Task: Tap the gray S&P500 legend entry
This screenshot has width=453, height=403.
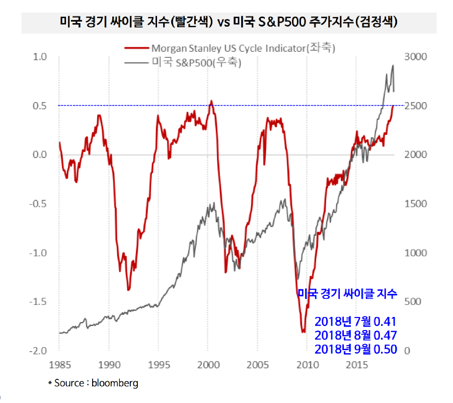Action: coord(197,63)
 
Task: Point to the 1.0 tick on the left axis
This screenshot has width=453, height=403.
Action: coord(39,57)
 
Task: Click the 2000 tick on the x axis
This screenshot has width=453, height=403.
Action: coord(207,364)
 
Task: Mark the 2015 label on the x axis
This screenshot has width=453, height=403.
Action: coord(356,364)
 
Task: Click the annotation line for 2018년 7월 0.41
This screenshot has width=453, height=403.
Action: coord(356,321)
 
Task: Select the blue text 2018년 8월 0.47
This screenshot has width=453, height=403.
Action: coord(356,336)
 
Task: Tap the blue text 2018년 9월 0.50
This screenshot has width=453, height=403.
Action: coord(356,349)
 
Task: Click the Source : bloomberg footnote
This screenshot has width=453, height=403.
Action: coord(93,383)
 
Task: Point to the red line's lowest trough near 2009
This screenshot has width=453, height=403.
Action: coord(304,332)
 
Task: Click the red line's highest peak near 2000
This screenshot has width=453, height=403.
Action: coord(211,101)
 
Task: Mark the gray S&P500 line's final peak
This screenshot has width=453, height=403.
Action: coord(393,65)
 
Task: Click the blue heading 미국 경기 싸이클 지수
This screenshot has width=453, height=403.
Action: coord(347,293)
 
